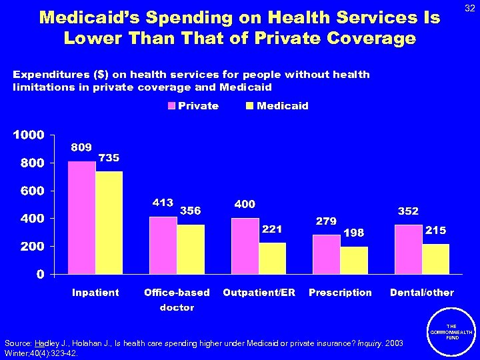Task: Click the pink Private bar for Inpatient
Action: tap(81, 217)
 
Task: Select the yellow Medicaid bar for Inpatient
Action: tap(109, 223)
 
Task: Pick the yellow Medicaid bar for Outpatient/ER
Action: tap(272, 258)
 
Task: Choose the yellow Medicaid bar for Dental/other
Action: tap(435, 259)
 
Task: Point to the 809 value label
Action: tap(81, 147)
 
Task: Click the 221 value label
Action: tap(272, 229)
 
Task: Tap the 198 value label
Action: tap(353, 233)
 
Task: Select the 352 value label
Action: tap(408, 211)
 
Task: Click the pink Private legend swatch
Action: tap(171, 106)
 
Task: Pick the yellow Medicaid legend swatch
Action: tap(250, 106)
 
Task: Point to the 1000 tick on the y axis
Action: tap(29, 135)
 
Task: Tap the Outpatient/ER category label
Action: tap(259, 293)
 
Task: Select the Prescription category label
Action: tap(340, 293)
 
